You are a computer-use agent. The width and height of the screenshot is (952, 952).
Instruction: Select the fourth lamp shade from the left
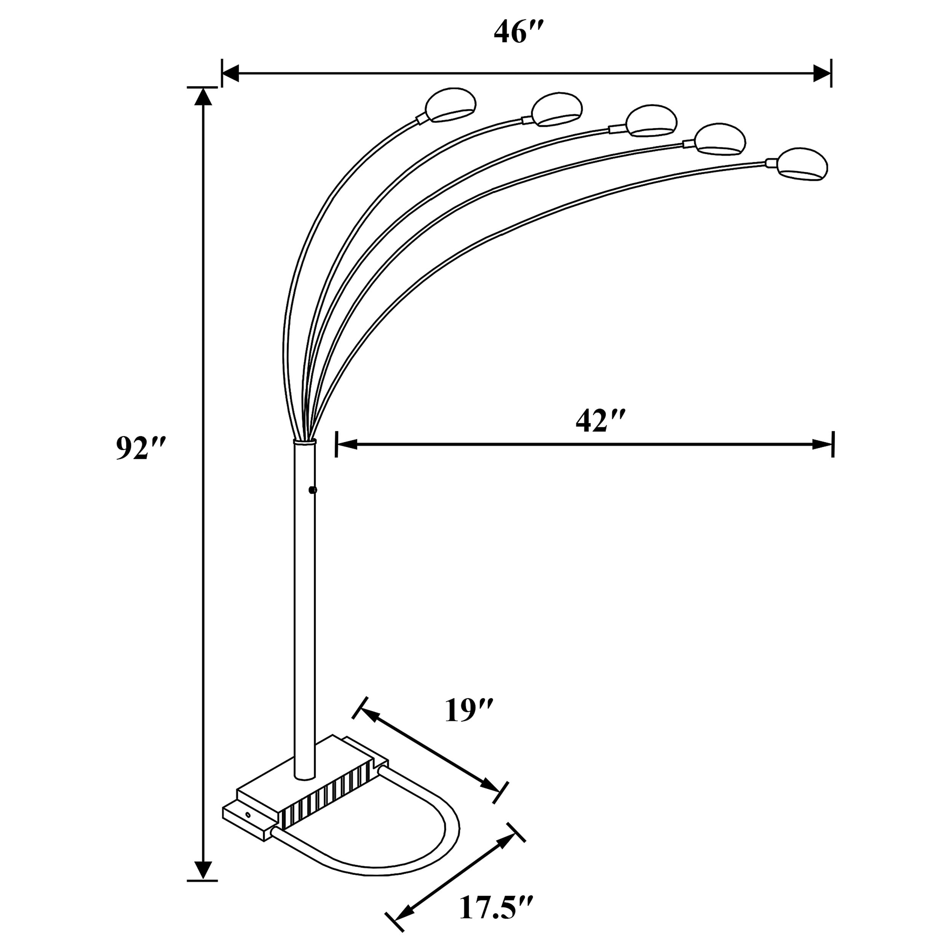pyautogui.click(x=720, y=139)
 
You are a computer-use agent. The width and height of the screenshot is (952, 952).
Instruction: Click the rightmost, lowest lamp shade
pyautogui.click(x=802, y=164)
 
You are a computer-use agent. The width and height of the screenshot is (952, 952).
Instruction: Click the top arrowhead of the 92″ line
pyautogui.click(x=203, y=97)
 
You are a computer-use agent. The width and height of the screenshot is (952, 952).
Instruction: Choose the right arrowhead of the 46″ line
pyautogui.click(x=821, y=73)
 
